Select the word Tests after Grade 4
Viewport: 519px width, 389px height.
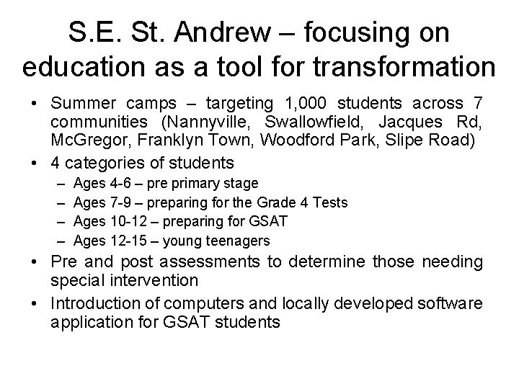click(x=328, y=202)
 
